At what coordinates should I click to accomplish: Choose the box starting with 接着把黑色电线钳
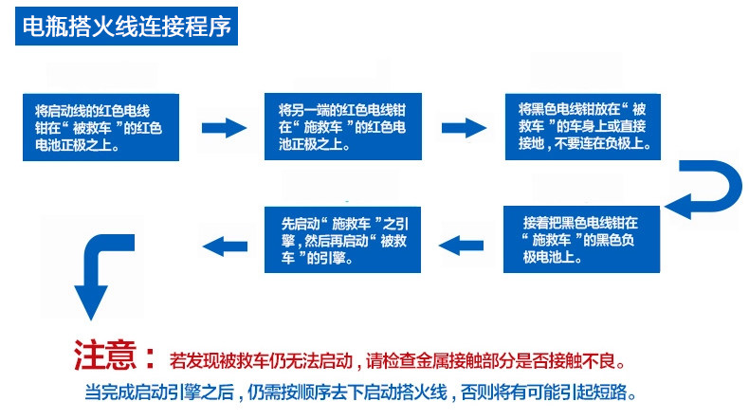581,240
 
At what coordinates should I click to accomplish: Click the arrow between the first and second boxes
224,128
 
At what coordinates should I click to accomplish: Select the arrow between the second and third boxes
464,128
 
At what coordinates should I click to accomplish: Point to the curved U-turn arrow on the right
703,190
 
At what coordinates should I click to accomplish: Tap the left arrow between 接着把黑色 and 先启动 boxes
463,246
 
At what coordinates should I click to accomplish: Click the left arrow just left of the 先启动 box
225,246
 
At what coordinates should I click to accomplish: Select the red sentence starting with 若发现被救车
398,361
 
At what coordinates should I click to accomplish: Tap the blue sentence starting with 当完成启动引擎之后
360,393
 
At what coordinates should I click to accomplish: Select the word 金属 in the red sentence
422,361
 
